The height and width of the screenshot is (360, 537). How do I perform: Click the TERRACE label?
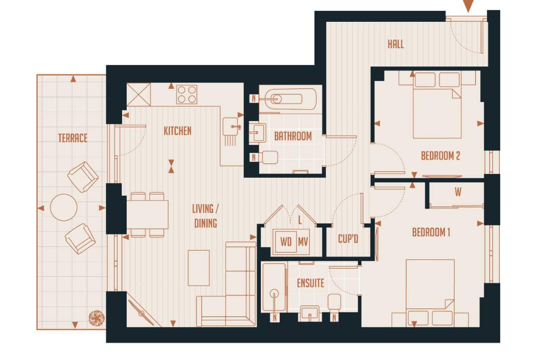click(x=73, y=138)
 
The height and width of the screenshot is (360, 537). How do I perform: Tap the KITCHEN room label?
click(x=177, y=131)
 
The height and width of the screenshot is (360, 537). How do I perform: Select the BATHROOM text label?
click(x=293, y=136)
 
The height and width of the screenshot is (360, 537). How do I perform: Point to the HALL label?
click(x=396, y=44)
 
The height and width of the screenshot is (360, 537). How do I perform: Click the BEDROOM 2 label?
click(x=440, y=156)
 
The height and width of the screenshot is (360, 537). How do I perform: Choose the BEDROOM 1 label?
click(x=431, y=232)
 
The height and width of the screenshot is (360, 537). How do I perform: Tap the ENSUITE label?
click(x=310, y=283)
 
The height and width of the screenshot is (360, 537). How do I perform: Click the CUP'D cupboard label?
click(x=348, y=239)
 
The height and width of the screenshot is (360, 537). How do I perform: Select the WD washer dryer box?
click(x=286, y=242)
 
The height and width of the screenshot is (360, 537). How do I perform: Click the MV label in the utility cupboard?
click(x=304, y=242)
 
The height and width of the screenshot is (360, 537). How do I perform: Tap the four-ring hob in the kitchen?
click(x=187, y=94)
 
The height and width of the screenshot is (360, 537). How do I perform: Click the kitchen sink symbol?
click(x=232, y=127)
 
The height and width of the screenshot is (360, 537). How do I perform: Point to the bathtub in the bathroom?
click(x=290, y=99)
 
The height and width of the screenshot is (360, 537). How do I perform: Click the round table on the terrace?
click(x=64, y=207)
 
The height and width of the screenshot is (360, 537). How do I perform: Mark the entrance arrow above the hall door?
click(x=468, y=6)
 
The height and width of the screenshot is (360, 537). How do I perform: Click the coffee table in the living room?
click(x=199, y=268)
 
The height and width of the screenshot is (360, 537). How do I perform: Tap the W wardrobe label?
click(x=458, y=192)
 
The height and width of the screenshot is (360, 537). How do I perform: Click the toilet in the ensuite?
click(x=334, y=302)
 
